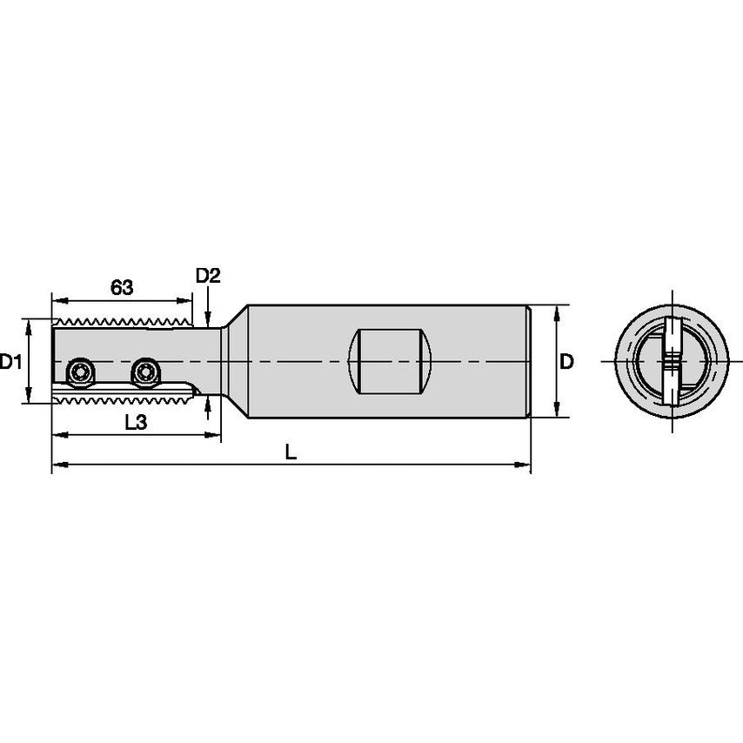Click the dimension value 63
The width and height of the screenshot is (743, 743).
121,285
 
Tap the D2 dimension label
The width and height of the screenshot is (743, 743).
208,277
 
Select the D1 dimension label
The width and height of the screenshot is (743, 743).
10,361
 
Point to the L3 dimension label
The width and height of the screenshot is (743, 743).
135,423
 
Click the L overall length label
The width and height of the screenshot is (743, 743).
291,452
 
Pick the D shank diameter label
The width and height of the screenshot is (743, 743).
566,361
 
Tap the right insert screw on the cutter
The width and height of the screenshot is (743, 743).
144,373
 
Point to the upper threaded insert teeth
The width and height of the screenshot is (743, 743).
122,321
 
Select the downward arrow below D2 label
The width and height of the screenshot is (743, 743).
208,317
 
